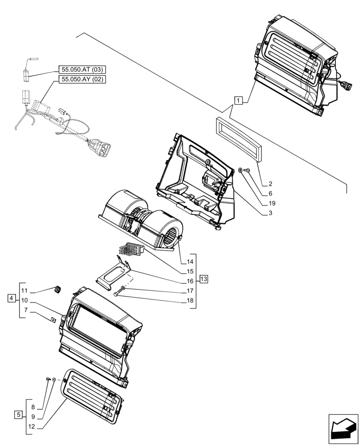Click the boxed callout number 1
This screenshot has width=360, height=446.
(x=239, y=100)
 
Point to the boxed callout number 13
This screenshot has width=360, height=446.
(x=204, y=279)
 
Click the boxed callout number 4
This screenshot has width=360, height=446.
(x=11, y=298)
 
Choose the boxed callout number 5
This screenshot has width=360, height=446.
(x=18, y=415)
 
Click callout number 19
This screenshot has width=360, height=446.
(x=272, y=203)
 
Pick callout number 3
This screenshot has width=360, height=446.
(x=270, y=213)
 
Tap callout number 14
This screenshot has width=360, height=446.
(x=190, y=262)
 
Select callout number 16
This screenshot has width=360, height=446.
(x=190, y=281)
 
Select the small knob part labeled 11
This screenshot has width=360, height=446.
(x=57, y=290)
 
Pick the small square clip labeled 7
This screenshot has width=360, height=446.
(x=53, y=320)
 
